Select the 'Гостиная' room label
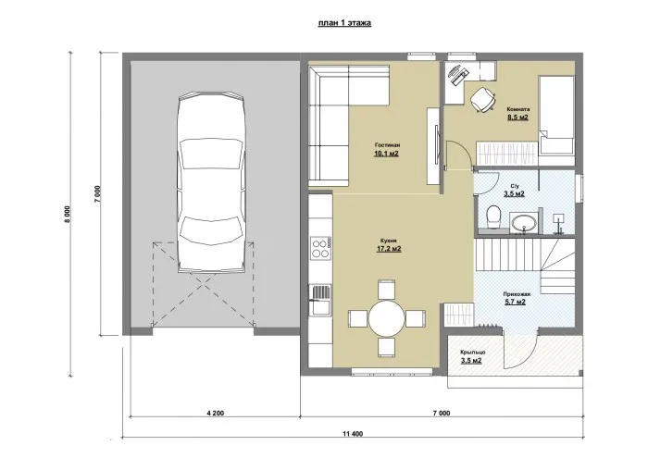[387, 145]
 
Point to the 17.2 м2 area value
[387, 249]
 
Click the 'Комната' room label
[517, 108]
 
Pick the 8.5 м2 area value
[517, 118]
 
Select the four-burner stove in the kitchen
[320, 248]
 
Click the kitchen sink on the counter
[320, 294]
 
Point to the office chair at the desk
[482, 100]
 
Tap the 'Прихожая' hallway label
[516, 291]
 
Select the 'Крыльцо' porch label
[471, 352]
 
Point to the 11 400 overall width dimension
[352, 433]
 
